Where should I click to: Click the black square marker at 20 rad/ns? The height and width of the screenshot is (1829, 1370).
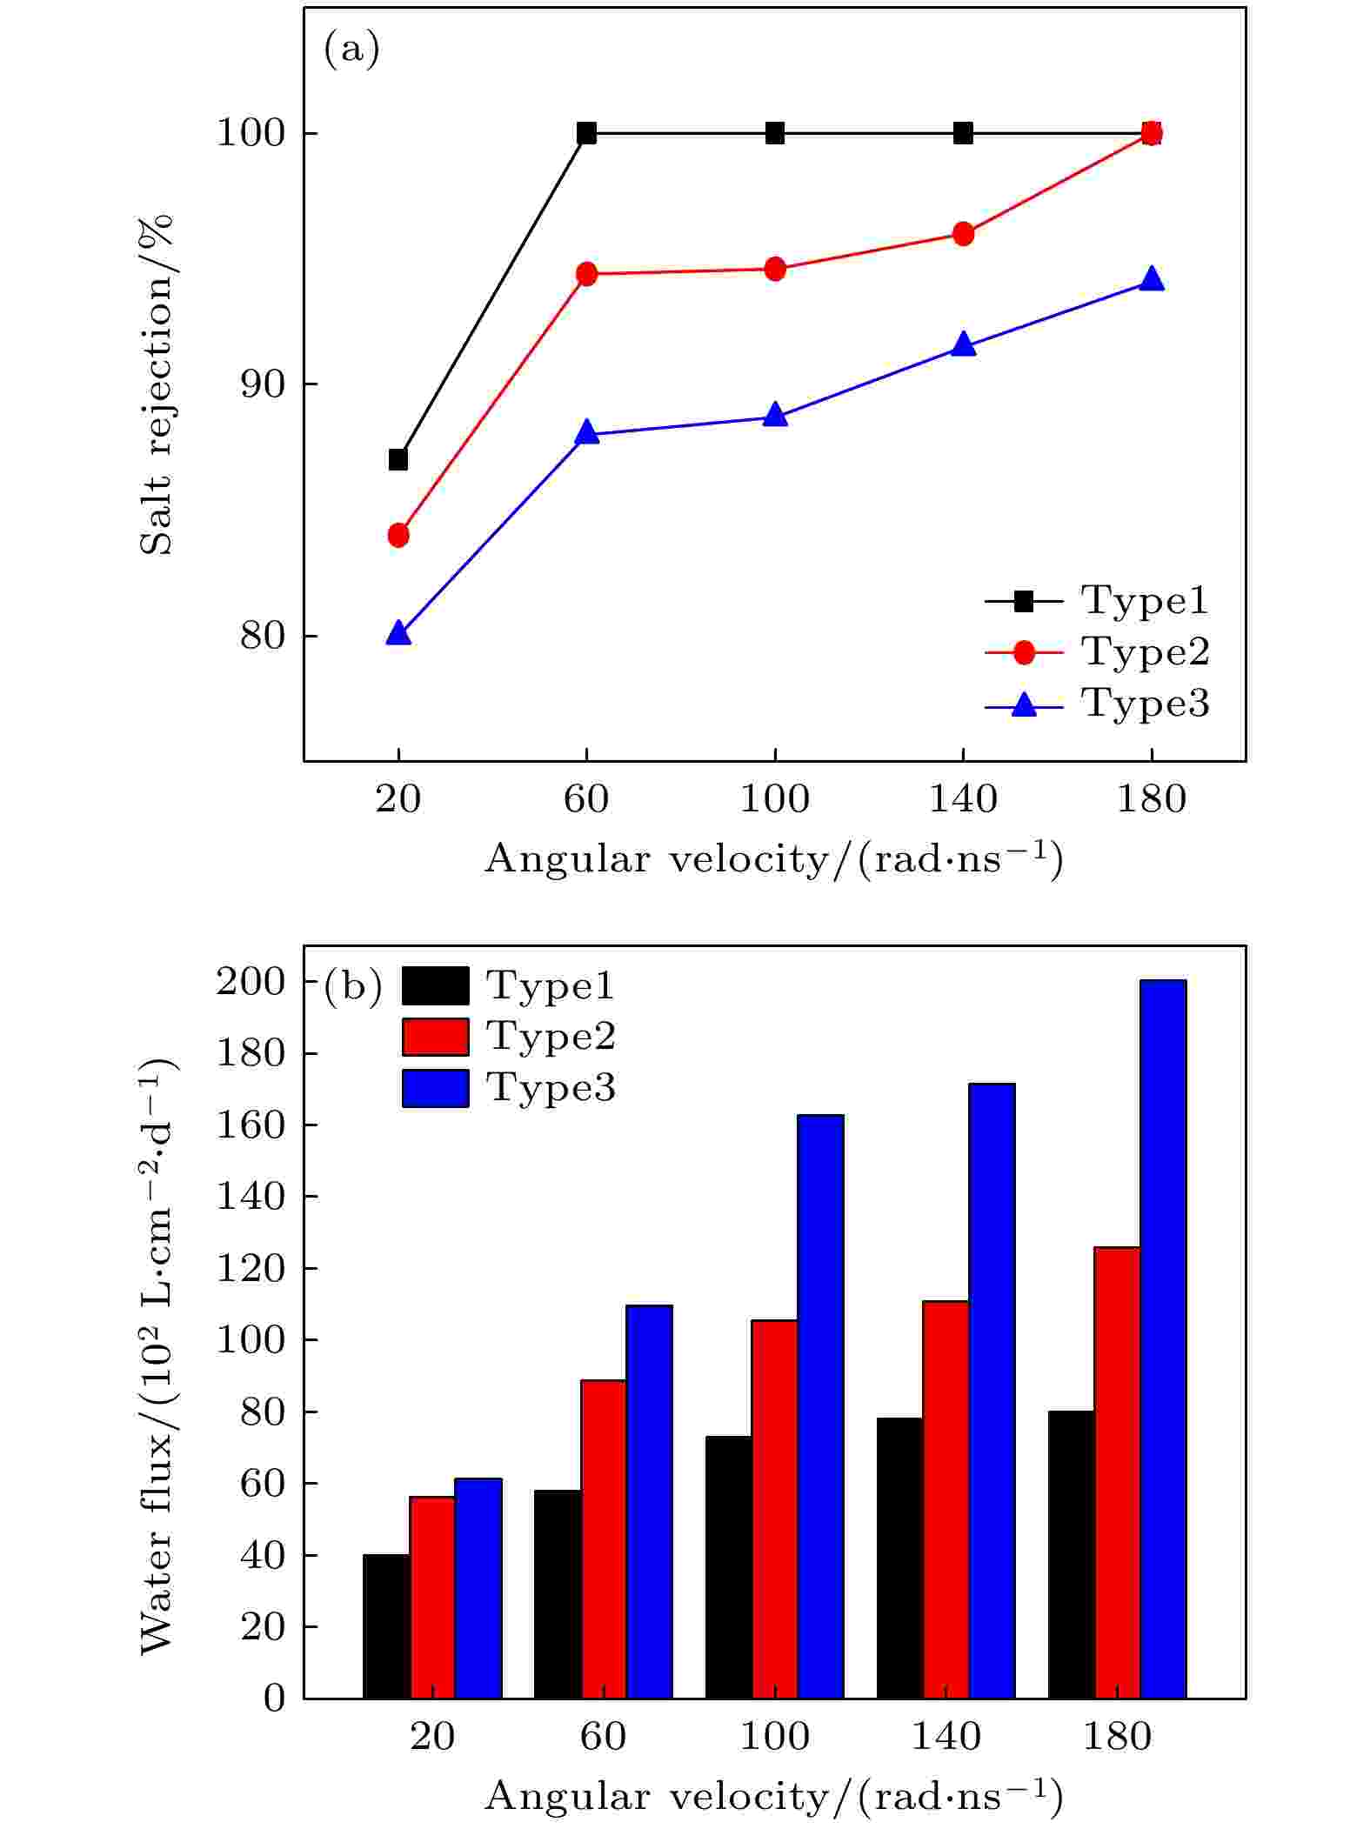(x=398, y=459)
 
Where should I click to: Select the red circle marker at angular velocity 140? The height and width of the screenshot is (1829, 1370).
(x=963, y=234)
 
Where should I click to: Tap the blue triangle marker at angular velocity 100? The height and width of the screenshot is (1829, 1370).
(x=775, y=416)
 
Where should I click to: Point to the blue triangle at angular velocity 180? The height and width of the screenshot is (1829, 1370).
(x=1151, y=279)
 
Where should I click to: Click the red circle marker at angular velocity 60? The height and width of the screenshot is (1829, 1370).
(x=587, y=274)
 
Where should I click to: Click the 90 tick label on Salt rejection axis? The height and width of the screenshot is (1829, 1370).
(x=263, y=384)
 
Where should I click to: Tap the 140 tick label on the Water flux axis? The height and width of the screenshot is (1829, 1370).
(x=251, y=1197)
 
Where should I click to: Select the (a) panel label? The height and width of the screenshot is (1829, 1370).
(x=351, y=50)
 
